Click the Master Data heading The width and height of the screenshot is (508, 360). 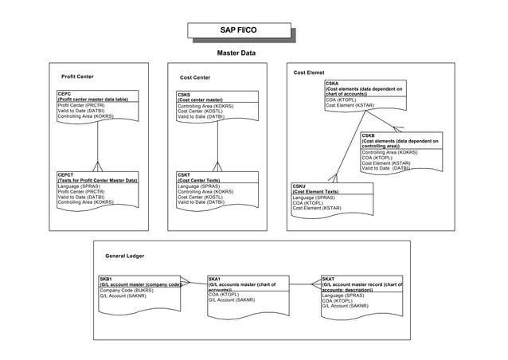click(236, 53)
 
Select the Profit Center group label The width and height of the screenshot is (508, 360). click(78, 76)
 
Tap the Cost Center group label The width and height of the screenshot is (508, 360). click(195, 77)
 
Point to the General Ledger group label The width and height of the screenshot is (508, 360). click(125, 256)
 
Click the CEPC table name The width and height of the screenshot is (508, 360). click(64, 94)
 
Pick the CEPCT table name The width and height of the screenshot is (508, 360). click(66, 175)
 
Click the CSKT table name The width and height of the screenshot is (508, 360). click(184, 175)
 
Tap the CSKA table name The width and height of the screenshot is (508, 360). click(332, 83)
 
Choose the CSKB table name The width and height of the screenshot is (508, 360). click(369, 135)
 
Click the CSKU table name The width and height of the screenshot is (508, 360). click(299, 186)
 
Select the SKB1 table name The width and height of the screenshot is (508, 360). click(106, 279)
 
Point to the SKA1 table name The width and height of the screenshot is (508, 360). click(214, 279)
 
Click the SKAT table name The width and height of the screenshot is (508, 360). click(329, 279)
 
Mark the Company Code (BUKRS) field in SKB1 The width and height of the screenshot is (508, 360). click(126, 291)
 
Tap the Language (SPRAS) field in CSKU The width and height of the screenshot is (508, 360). click(313, 198)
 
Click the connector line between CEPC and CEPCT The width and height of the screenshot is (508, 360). click(97, 143)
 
